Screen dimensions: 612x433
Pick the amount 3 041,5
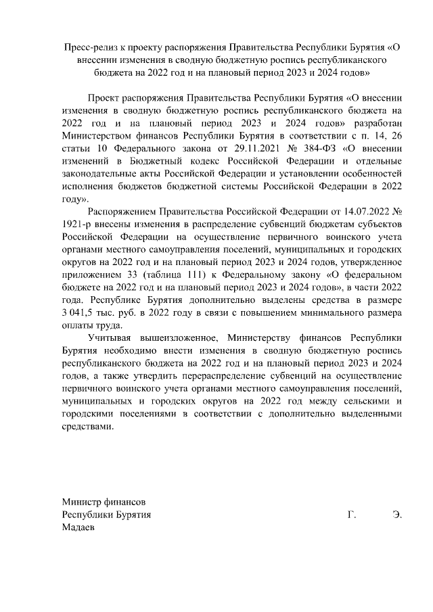point(80,312)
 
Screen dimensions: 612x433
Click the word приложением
point(91,275)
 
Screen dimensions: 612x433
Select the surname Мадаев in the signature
point(78,527)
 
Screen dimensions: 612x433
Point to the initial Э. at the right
point(397,514)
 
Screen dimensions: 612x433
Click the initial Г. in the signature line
point(351,514)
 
